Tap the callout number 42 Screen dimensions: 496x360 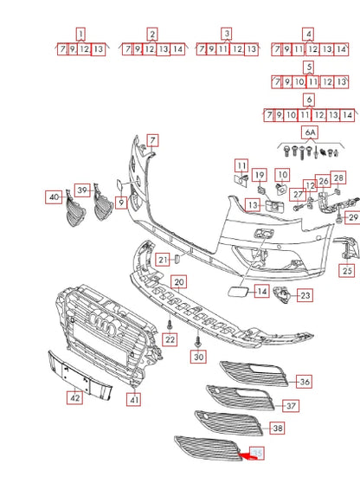[75, 398]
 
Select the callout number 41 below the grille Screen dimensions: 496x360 [134, 399]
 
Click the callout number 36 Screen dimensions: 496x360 [304, 382]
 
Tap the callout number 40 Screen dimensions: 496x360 [55, 197]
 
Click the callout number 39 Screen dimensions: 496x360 [82, 190]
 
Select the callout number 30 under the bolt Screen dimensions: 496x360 [199, 357]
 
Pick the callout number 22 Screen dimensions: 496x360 [170, 340]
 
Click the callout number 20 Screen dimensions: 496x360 [178, 282]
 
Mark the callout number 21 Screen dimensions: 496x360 [163, 260]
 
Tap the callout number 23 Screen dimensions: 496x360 [305, 296]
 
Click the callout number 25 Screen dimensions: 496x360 [346, 271]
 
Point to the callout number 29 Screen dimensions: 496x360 [352, 216]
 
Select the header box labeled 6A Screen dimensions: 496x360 [309, 132]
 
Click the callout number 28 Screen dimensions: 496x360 [338, 178]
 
